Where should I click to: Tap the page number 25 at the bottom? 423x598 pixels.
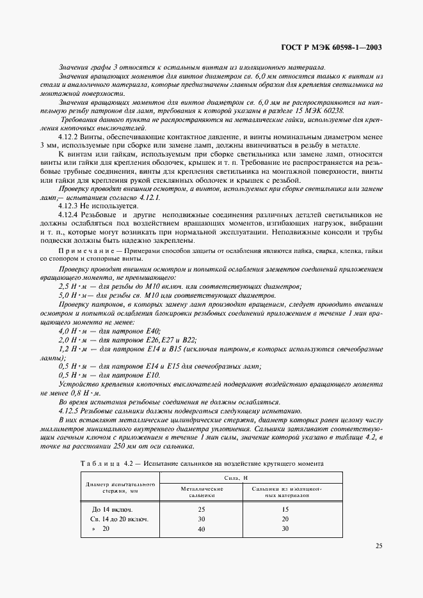[378, 546]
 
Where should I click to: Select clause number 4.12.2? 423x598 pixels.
[68, 137]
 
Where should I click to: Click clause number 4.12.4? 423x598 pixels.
[68, 217]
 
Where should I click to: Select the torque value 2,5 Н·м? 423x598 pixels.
[72, 287]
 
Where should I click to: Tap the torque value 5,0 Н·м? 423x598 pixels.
[72, 296]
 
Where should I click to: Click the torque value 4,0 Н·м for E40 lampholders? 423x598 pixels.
[72, 332]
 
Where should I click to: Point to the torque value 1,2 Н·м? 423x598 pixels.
[72, 349]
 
